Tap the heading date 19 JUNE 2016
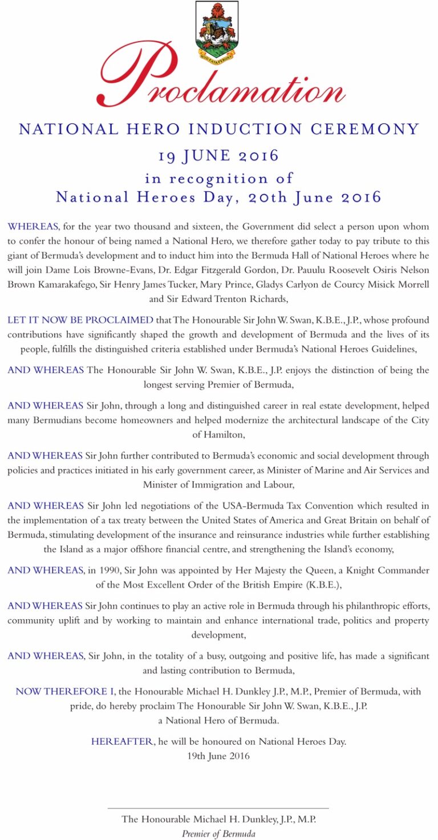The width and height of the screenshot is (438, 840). (x=218, y=155)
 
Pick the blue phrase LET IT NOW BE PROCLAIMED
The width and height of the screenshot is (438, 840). (x=80, y=320)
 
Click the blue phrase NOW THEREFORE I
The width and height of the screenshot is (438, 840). (x=65, y=692)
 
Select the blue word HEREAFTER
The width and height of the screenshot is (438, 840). (x=122, y=742)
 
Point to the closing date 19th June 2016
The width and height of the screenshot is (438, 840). (x=218, y=756)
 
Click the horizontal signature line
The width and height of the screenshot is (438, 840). (x=218, y=808)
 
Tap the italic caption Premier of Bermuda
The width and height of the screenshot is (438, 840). (x=218, y=834)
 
